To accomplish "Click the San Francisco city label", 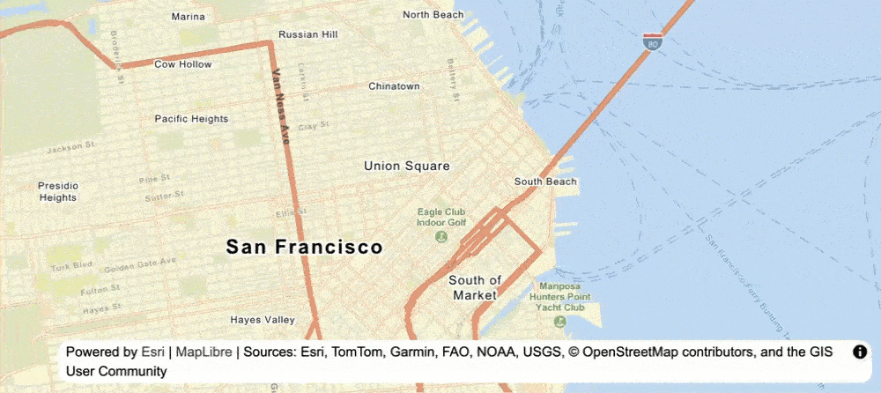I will pos(304,248).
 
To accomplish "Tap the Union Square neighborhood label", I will pos(407,166).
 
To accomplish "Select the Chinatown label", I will pos(394,86).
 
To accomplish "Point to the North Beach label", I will pos(433,15).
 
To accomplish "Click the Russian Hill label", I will pos(307,34).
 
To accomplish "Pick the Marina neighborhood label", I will pos(189,17).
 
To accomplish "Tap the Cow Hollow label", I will pos(183,64).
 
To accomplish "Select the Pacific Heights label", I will pos(191,118).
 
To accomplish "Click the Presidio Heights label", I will pos(58,192).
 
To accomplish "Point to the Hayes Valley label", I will pos(262,320).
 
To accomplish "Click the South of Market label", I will pos(475,288).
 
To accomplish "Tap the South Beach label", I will pos(545,182).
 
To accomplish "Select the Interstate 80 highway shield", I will pos(651,41).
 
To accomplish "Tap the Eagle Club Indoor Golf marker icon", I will pos(440,236).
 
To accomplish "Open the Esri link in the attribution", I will pos(152,352).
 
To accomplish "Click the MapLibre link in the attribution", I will pos(204,352).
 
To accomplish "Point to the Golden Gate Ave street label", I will pos(140,263).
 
